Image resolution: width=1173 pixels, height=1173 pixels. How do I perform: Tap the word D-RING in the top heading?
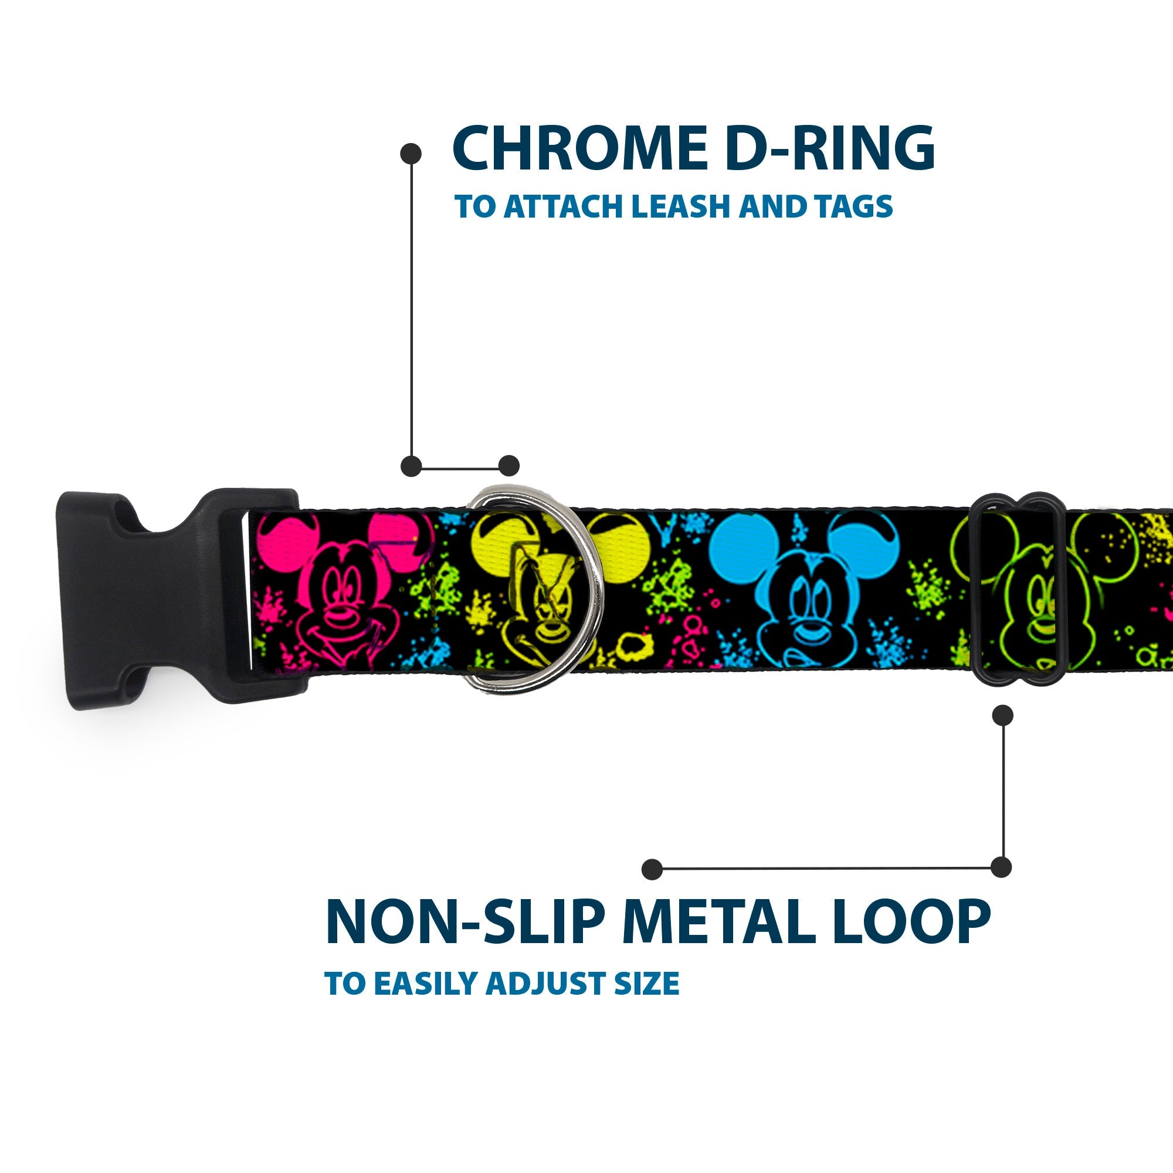(x=829, y=148)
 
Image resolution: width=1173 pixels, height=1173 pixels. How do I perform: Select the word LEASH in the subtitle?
(x=677, y=206)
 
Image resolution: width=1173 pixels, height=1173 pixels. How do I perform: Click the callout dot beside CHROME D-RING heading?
(x=411, y=153)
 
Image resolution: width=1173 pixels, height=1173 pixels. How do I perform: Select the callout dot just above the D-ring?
(x=508, y=466)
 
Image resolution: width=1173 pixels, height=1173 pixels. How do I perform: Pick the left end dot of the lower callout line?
(x=652, y=869)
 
